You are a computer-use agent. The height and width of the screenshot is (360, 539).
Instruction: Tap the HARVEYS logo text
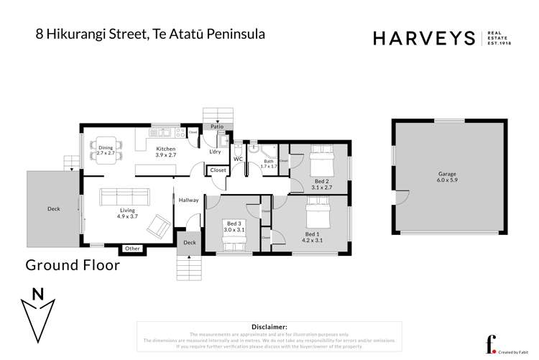(x=423, y=38)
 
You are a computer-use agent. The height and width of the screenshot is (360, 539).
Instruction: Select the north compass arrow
(x=38, y=310)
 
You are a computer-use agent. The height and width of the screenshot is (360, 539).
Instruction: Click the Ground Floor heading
(x=73, y=265)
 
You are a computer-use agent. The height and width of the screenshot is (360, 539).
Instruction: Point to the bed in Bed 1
(x=313, y=212)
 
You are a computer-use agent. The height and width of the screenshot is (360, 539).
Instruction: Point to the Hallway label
(x=188, y=200)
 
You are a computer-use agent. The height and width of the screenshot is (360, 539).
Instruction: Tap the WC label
(x=238, y=159)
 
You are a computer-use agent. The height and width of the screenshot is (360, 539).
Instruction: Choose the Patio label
(x=216, y=126)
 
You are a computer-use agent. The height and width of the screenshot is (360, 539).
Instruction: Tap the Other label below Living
(x=132, y=249)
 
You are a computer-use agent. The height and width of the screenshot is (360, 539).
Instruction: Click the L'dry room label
(x=214, y=152)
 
